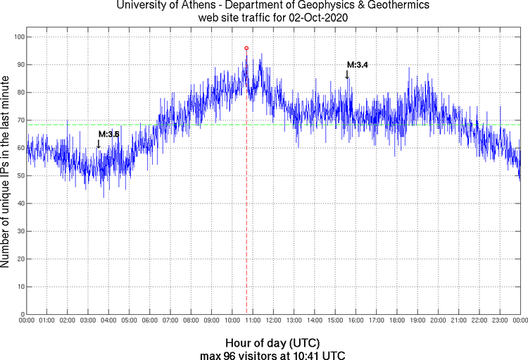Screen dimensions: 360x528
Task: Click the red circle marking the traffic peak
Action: [246, 48]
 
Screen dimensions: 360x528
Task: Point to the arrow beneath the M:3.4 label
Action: [347, 74]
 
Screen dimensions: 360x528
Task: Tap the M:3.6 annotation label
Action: [108, 134]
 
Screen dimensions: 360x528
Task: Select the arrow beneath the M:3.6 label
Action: [99, 143]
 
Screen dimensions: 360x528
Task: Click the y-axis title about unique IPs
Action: [6, 173]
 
